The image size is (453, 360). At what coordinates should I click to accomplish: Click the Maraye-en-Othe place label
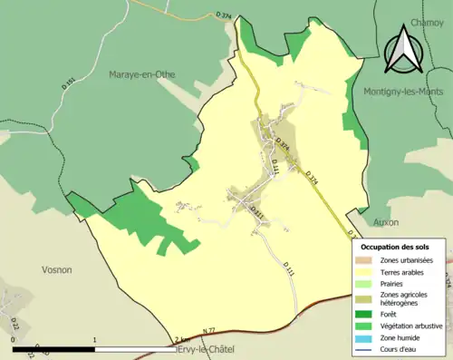point(142,73)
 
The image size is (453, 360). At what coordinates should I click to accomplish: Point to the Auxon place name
point(385,221)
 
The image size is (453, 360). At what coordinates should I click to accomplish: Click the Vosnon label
point(56,269)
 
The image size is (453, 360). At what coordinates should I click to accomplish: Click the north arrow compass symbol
point(402,49)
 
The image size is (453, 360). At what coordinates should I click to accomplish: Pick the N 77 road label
point(208,330)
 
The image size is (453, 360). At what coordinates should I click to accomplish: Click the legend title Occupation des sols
point(396,247)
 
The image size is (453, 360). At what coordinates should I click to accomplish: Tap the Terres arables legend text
point(406,272)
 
